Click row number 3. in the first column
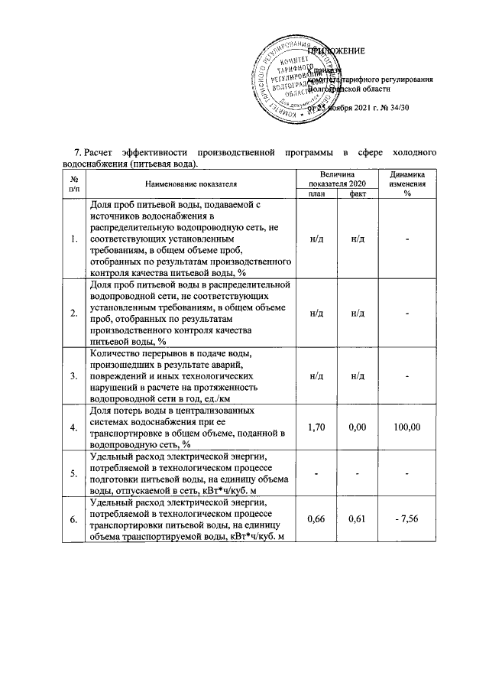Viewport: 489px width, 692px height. (73, 377)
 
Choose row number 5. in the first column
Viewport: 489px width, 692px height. (73, 473)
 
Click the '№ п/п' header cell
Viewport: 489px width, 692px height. (73, 184)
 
